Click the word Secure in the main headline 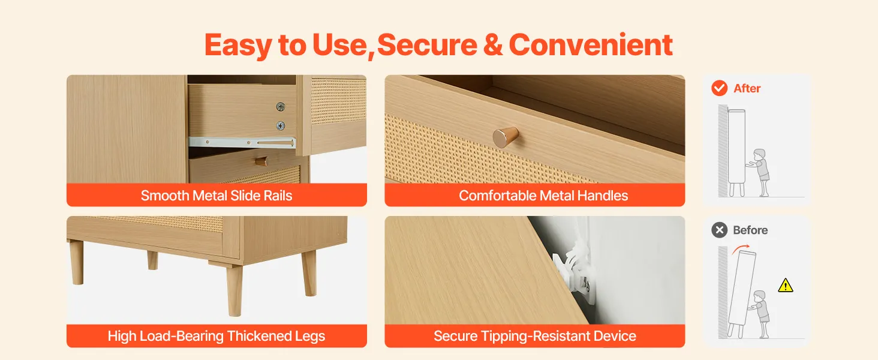point(427,45)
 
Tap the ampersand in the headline point(493,45)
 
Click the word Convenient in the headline point(591,45)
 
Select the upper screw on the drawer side point(280,107)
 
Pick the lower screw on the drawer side point(280,126)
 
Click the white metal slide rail point(242,142)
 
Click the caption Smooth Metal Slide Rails point(217,195)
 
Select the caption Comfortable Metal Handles point(543,195)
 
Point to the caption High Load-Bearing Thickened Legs point(217,336)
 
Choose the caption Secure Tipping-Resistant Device point(534,336)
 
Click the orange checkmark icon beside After point(719,88)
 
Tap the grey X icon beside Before point(719,230)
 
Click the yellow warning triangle point(785,286)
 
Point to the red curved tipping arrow point(741,248)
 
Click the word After point(747,88)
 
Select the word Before point(750,230)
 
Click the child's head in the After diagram point(760,154)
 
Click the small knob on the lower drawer point(261,161)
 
